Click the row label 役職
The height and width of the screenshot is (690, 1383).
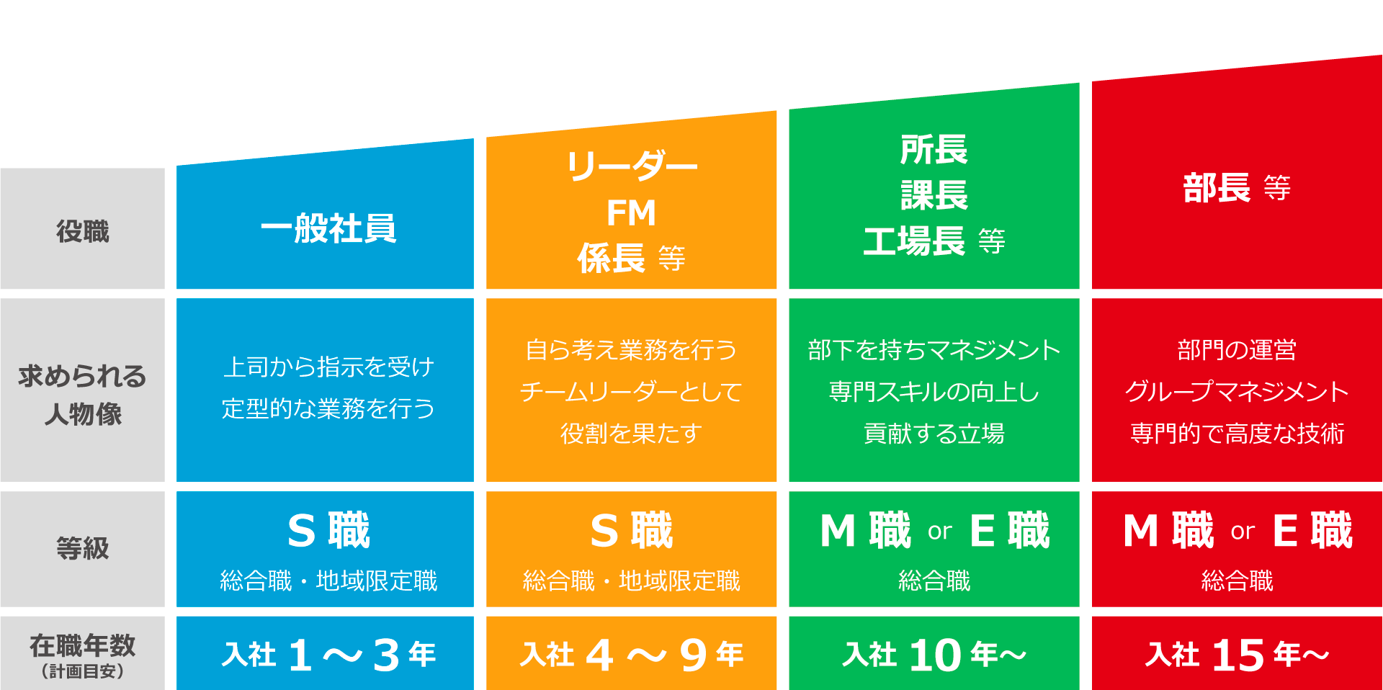pos(83,232)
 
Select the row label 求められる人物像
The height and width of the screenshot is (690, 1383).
pos(83,395)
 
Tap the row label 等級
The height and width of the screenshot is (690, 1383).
pos(83,548)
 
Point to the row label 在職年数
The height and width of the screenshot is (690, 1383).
pos(83,645)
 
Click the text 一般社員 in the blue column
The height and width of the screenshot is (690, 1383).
pos(328,229)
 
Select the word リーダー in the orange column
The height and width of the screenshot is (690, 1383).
pos(632,166)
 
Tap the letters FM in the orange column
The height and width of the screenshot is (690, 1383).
pos(632,213)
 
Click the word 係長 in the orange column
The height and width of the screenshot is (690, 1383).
pos(611,258)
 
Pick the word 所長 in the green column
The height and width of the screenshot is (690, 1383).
pos(934,150)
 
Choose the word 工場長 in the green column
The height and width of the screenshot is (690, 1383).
pos(914,241)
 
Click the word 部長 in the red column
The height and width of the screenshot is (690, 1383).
pos(1217,188)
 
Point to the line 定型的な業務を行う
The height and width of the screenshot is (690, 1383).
pos(328,408)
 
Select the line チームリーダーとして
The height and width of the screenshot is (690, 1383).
pos(632,392)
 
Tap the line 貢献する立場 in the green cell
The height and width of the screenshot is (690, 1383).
pos(934,434)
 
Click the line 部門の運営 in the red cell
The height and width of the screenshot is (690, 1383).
pos(1237,350)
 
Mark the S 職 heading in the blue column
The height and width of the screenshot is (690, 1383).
pos(328,530)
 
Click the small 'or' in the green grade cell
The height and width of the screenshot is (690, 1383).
pos(940,532)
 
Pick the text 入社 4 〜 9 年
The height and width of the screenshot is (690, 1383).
pos(632,655)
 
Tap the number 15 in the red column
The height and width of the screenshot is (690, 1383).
pos(1238,655)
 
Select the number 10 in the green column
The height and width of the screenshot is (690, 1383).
pos(936,655)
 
